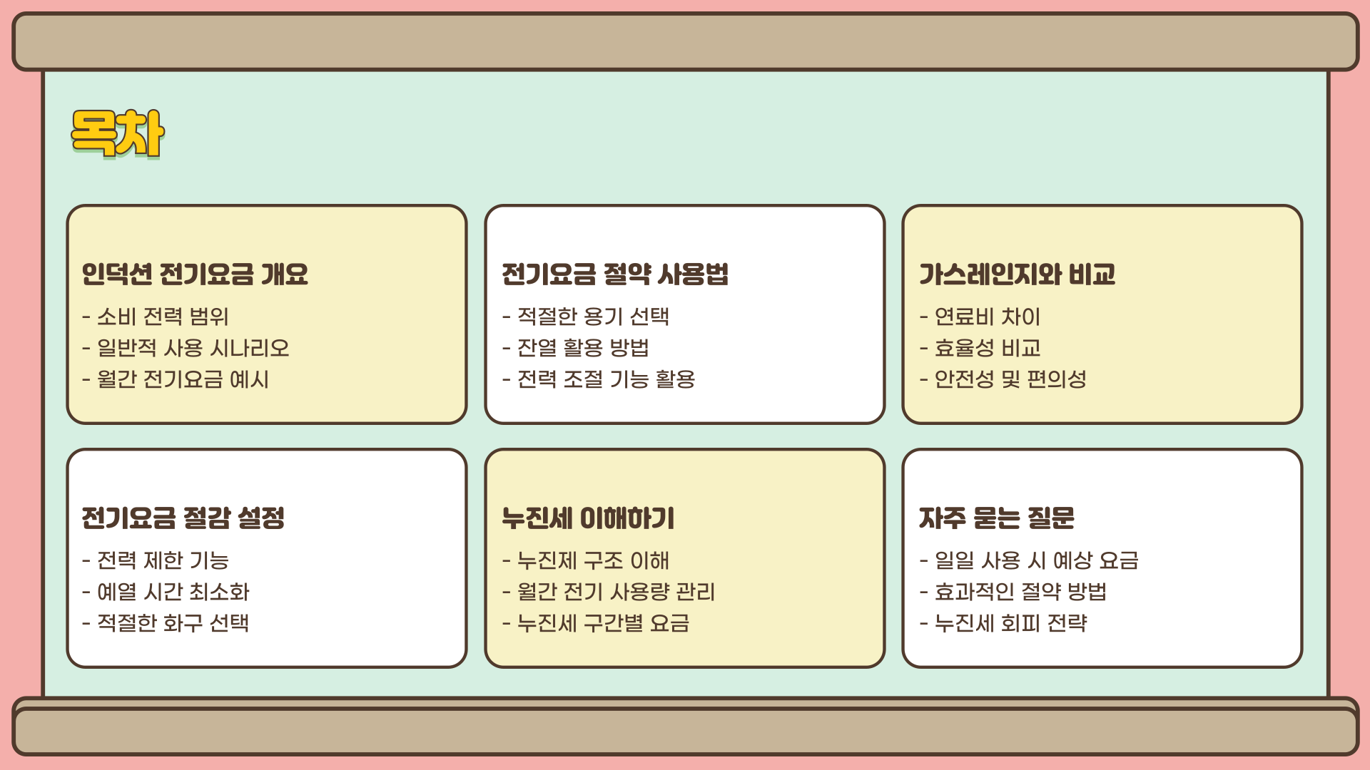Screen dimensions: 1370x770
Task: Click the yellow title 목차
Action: (x=118, y=133)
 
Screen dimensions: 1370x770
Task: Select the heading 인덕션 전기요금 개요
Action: (x=195, y=274)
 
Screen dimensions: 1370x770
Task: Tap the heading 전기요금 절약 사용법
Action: (x=615, y=274)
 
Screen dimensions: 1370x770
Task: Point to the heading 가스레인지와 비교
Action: (x=1017, y=274)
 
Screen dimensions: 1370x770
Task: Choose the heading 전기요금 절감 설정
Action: (x=183, y=518)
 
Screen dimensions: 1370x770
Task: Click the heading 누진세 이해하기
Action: (x=588, y=518)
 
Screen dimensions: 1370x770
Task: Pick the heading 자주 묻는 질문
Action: (x=997, y=518)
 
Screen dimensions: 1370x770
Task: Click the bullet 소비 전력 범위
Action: (x=163, y=316)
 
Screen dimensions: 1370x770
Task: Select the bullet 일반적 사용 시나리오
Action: (x=193, y=347)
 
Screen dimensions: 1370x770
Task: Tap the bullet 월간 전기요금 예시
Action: (x=183, y=379)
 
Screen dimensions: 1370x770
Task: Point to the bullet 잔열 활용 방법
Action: (x=583, y=347)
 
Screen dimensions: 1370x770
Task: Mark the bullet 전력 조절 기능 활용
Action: (x=606, y=379)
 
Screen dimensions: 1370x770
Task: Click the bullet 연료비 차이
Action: (x=988, y=316)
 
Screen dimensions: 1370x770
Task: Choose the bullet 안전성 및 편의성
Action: (x=1010, y=379)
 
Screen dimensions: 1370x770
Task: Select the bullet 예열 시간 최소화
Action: (x=173, y=591)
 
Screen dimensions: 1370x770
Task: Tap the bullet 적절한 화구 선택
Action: (x=173, y=622)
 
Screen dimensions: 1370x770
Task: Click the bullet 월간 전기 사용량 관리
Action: (x=616, y=591)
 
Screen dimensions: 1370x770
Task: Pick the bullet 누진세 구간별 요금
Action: (x=603, y=622)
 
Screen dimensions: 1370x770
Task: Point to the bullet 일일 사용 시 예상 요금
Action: (x=1036, y=560)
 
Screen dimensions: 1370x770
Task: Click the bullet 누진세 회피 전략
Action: (x=1010, y=622)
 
